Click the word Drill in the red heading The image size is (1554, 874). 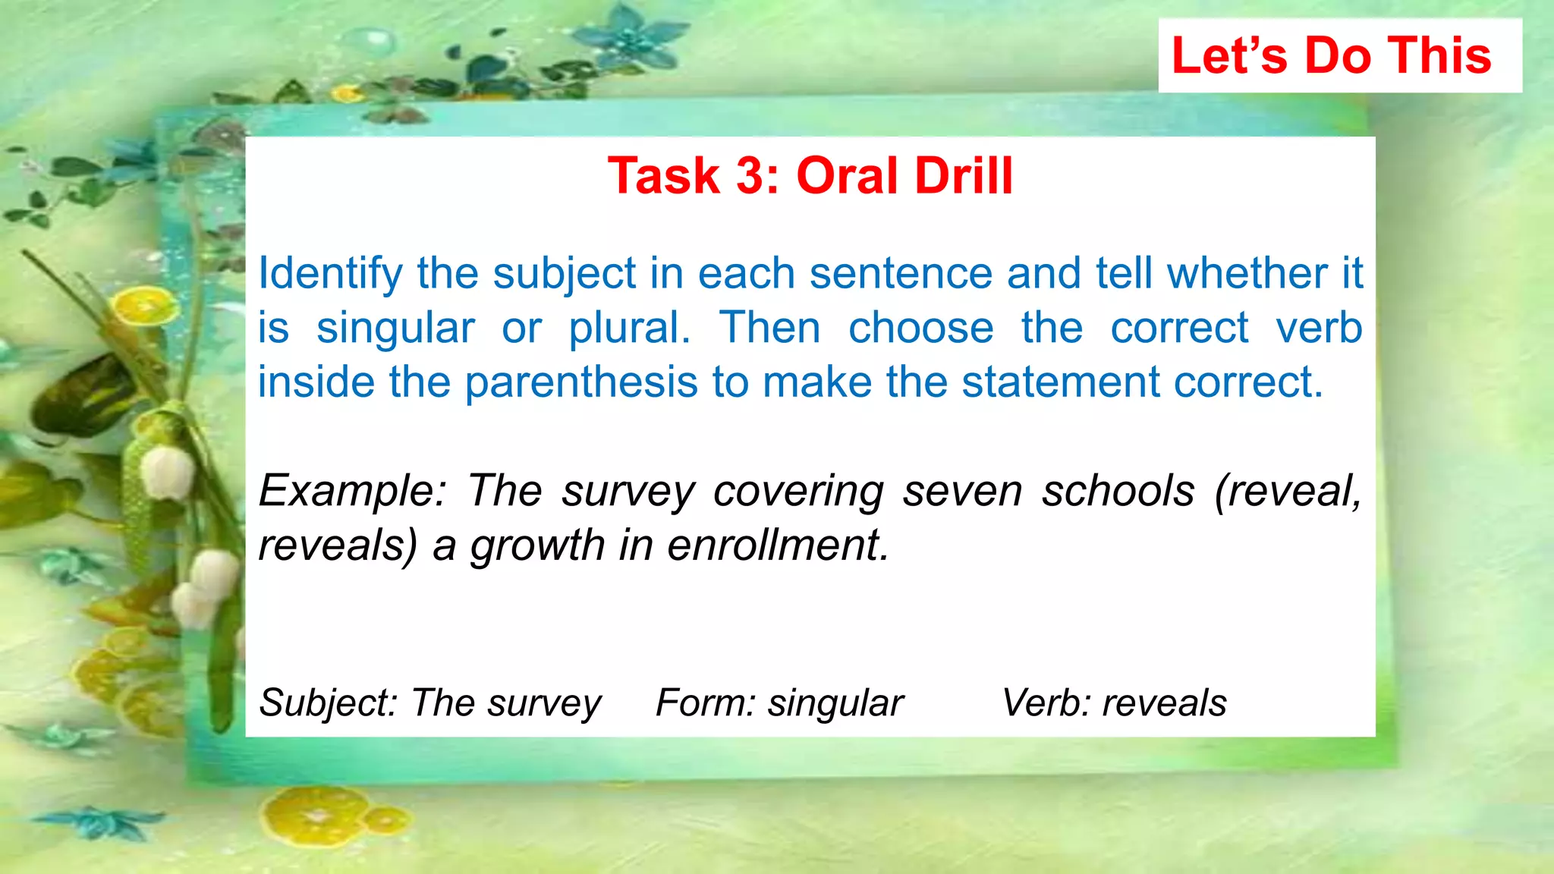click(964, 176)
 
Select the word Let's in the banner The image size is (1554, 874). click(1229, 55)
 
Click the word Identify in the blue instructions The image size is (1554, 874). click(330, 275)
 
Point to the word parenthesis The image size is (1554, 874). click(580, 383)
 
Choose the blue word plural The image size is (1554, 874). click(629, 329)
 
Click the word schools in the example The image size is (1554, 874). click(1118, 491)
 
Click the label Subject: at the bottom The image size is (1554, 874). click(328, 703)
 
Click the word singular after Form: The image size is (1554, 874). click(835, 703)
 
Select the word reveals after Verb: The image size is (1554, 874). click(1164, 703)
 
